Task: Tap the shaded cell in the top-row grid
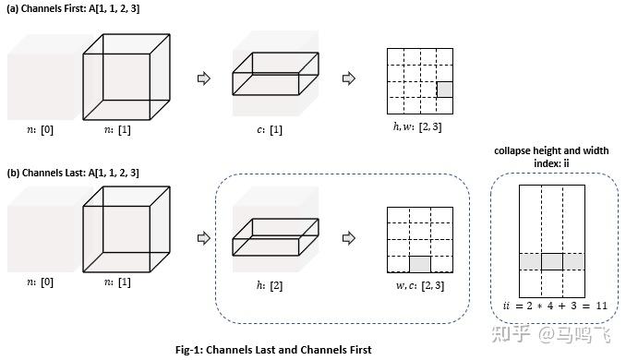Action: coord(445,90)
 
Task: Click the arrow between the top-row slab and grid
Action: coord(348,78)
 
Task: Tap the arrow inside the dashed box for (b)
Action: coord(349,236)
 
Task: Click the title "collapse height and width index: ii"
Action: coord(552,157)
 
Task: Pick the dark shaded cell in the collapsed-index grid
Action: coord(551,261)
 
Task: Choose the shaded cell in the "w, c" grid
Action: coord(420,263)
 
